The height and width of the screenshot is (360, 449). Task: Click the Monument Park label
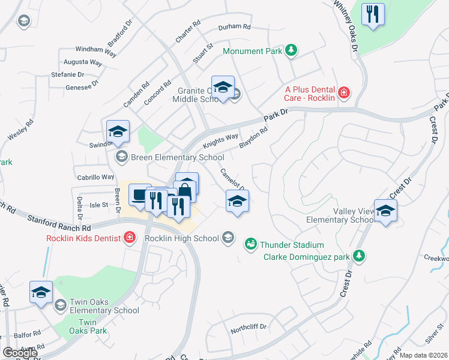pos(252,51)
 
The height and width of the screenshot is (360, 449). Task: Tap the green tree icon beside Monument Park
pos(291,50)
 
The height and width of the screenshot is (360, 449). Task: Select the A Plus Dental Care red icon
pos(343,92)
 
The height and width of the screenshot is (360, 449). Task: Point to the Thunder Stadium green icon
pos(250,244)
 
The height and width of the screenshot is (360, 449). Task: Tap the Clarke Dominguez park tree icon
pos(359,257)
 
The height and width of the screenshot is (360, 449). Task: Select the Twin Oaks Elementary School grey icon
pos(60,305)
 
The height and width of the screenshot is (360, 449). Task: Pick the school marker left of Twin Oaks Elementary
pos(41,293)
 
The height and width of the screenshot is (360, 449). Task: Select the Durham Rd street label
pos(234,27)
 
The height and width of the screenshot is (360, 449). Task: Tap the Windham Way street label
pos(95,50)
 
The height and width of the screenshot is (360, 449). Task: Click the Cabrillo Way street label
pos(95,177)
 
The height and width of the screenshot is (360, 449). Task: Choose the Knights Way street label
pos(220,141)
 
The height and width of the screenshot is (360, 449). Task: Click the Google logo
pos(20,353)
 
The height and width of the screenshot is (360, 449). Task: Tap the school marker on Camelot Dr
pos(237,201)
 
